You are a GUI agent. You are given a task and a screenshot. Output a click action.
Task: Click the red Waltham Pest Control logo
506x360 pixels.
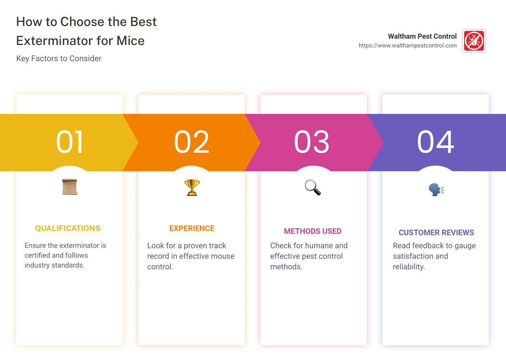pos(474,41)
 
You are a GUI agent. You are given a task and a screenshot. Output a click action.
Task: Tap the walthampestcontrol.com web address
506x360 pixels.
pos(408,46)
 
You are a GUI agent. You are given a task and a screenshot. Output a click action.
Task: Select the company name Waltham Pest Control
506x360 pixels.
pos(422,36)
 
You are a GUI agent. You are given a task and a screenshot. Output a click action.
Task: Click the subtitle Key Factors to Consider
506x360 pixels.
pos(59,58)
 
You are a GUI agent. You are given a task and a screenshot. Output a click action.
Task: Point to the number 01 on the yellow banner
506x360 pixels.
pos(70,142)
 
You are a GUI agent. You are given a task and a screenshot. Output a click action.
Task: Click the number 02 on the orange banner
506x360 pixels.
pos(192,142)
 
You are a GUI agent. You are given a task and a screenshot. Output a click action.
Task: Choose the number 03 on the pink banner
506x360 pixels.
pos(312,142)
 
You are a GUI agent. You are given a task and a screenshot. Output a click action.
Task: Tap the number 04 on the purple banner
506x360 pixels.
pos(435,142)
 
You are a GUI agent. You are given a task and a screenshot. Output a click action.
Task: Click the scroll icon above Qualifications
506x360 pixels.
pos(70,187)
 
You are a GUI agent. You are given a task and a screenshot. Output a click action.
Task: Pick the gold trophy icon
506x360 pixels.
pos(192,187)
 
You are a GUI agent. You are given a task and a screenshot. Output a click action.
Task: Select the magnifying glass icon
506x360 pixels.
pos(313,187)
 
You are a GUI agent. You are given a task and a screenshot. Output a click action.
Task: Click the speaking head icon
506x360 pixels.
pos(436,189)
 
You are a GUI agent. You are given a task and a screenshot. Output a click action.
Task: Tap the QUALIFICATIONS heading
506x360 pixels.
pos(68,229)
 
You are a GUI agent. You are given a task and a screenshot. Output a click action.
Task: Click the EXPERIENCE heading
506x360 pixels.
pos(192,229)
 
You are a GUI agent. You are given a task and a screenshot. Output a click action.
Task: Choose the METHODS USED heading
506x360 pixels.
pos(313,231)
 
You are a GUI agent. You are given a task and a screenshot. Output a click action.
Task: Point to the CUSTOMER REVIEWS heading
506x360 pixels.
pos(436,233)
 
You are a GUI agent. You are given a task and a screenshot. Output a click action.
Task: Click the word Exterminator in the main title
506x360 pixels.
pos(54,41)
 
